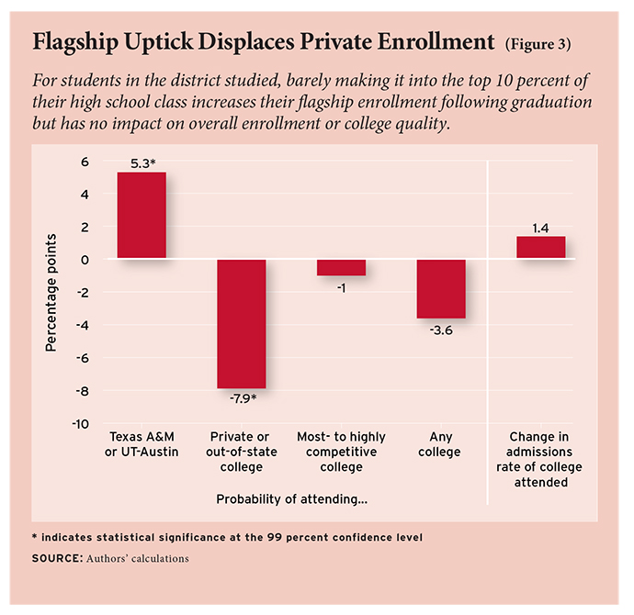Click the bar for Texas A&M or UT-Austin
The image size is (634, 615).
pyautogui.click(x=142, y=216)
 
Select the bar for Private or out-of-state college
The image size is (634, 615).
pyautogui.click(x=242, y=324)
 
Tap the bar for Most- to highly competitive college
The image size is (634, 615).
pyautogui.click(x=341, y=267)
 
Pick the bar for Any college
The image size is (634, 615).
pyautogui.click(x=441, y=288)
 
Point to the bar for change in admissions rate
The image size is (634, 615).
pyautogui.click(x=540, y=248)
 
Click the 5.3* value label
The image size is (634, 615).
pyautogui.click(x=142, y=162)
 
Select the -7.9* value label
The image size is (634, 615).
pyautogui.click(x=242, y=399)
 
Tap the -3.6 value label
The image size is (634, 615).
pyautogui.click(x=441, y=330)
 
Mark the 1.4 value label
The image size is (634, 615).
pyautogui.click(x=540, y=226)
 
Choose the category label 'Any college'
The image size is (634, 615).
pyautogui.click(x=441, y=452)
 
